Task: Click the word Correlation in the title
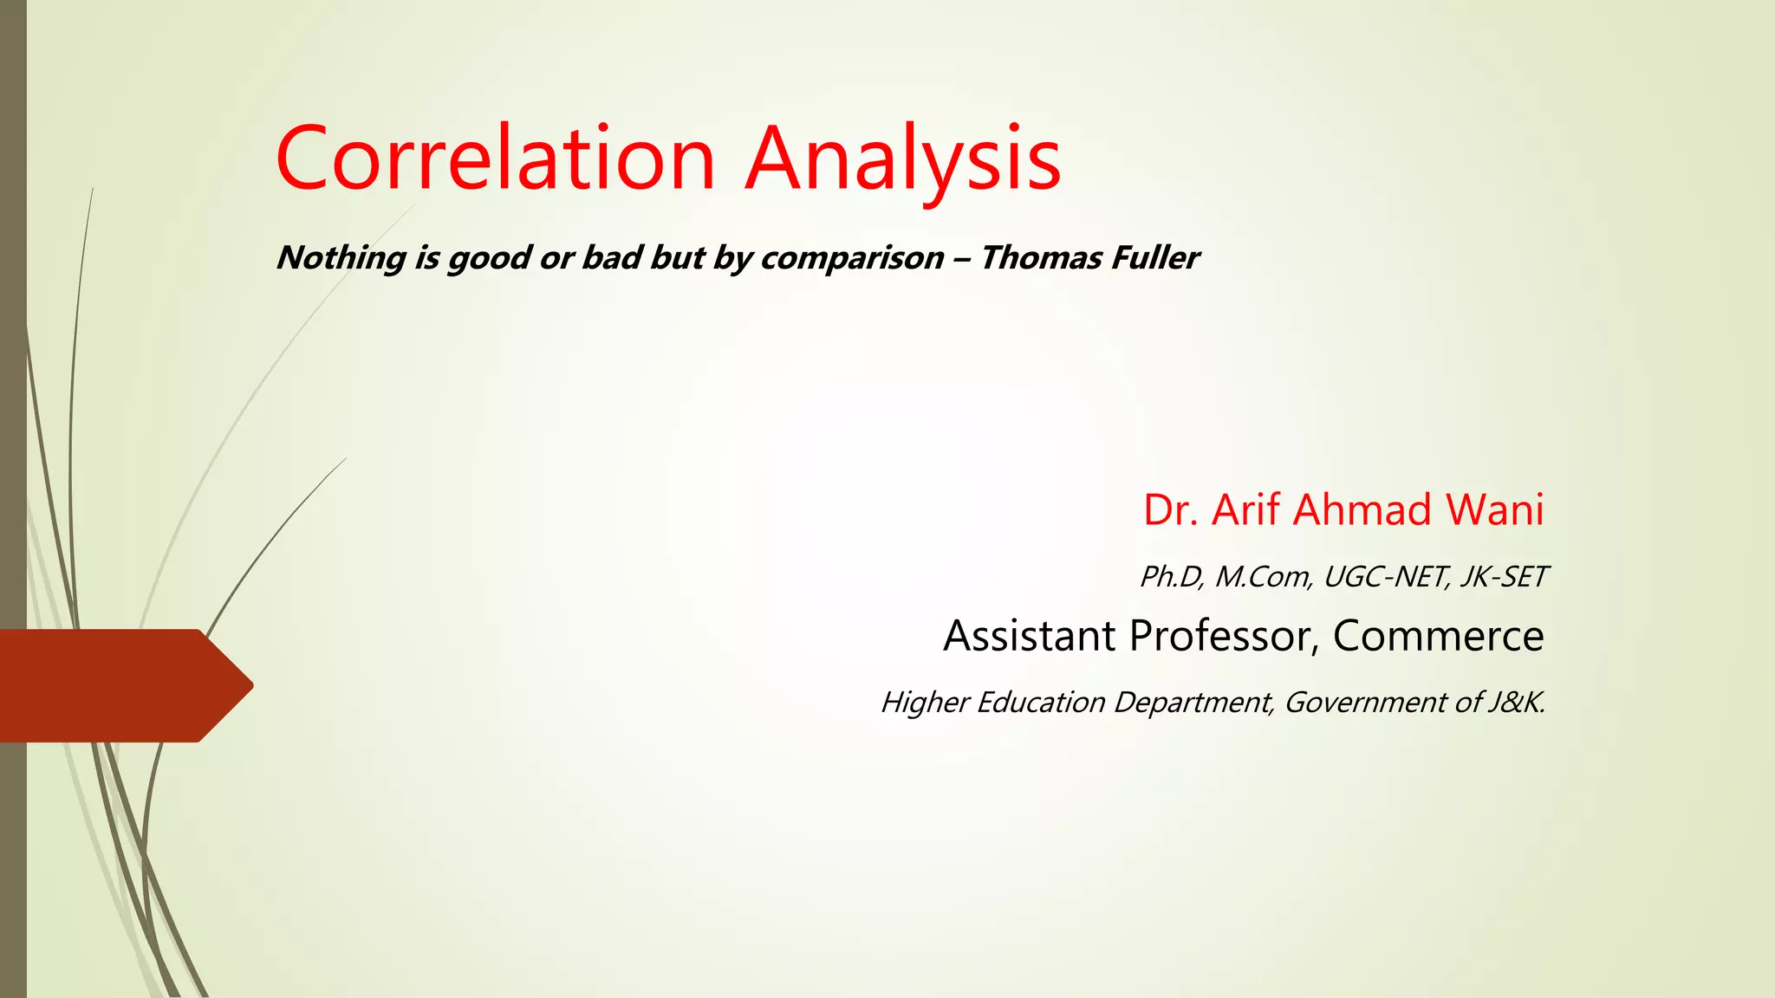(495, 159)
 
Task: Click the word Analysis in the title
(903, 160)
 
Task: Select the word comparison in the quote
(853, 258)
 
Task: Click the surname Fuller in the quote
(1156, 257)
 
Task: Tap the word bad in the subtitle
(611, 257)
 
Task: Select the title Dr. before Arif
(1170, 509)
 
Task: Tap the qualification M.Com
(1263, 577)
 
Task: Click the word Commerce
(1438, 636)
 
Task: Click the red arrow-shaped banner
(121, 685)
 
